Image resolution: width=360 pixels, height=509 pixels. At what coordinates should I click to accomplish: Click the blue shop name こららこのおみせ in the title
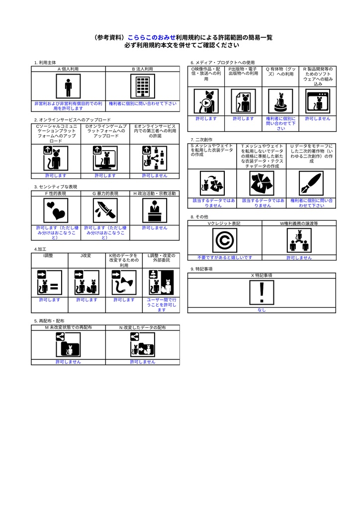point(152,37)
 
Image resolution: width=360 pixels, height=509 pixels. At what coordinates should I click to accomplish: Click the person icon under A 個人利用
point(68,87)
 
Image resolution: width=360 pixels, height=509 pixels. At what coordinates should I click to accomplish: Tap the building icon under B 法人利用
point(143,87)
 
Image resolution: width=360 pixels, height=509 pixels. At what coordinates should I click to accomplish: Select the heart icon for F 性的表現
point(56,210)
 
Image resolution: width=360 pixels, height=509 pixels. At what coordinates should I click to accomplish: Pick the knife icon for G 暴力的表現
point(105,210)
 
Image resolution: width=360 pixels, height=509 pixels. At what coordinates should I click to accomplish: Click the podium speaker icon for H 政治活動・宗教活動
point(155,210)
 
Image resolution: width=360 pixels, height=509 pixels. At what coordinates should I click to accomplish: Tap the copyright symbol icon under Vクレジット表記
point(224,241)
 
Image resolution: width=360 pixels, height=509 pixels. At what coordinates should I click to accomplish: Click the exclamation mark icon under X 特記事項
point(262,292)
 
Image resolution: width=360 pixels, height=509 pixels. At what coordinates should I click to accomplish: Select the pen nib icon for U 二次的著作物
point(311,183)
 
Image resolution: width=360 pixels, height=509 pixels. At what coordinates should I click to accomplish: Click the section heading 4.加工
point(40,249)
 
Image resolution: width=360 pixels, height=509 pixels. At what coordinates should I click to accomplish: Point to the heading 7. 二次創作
point(201,140)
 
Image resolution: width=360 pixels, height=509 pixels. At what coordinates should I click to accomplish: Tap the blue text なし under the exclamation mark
point(262,310)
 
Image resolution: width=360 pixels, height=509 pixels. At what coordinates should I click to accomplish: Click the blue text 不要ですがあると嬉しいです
point(224,257)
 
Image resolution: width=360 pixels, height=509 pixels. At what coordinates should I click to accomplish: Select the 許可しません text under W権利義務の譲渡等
point(299,257)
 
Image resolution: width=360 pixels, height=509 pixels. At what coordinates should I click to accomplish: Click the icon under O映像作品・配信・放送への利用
point(206,101)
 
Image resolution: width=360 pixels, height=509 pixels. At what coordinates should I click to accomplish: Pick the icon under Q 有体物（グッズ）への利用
point(280,101)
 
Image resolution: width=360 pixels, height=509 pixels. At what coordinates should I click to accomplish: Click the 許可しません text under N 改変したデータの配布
point(143,362)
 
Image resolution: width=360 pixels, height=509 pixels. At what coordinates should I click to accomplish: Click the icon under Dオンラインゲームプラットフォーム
point(105,158)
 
